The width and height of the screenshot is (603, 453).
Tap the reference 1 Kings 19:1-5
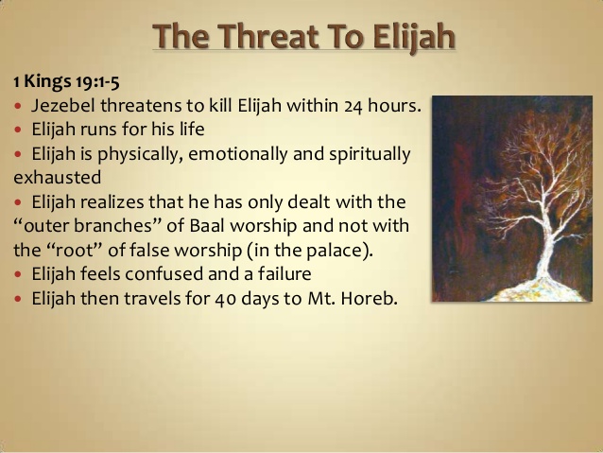66,81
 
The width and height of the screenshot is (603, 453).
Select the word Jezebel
63,106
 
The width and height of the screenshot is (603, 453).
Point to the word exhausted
58,178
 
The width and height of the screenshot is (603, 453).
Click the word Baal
207,225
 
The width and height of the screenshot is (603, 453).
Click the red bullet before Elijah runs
18,130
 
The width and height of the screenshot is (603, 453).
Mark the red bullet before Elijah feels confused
18,274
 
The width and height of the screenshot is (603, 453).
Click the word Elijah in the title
413,37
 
